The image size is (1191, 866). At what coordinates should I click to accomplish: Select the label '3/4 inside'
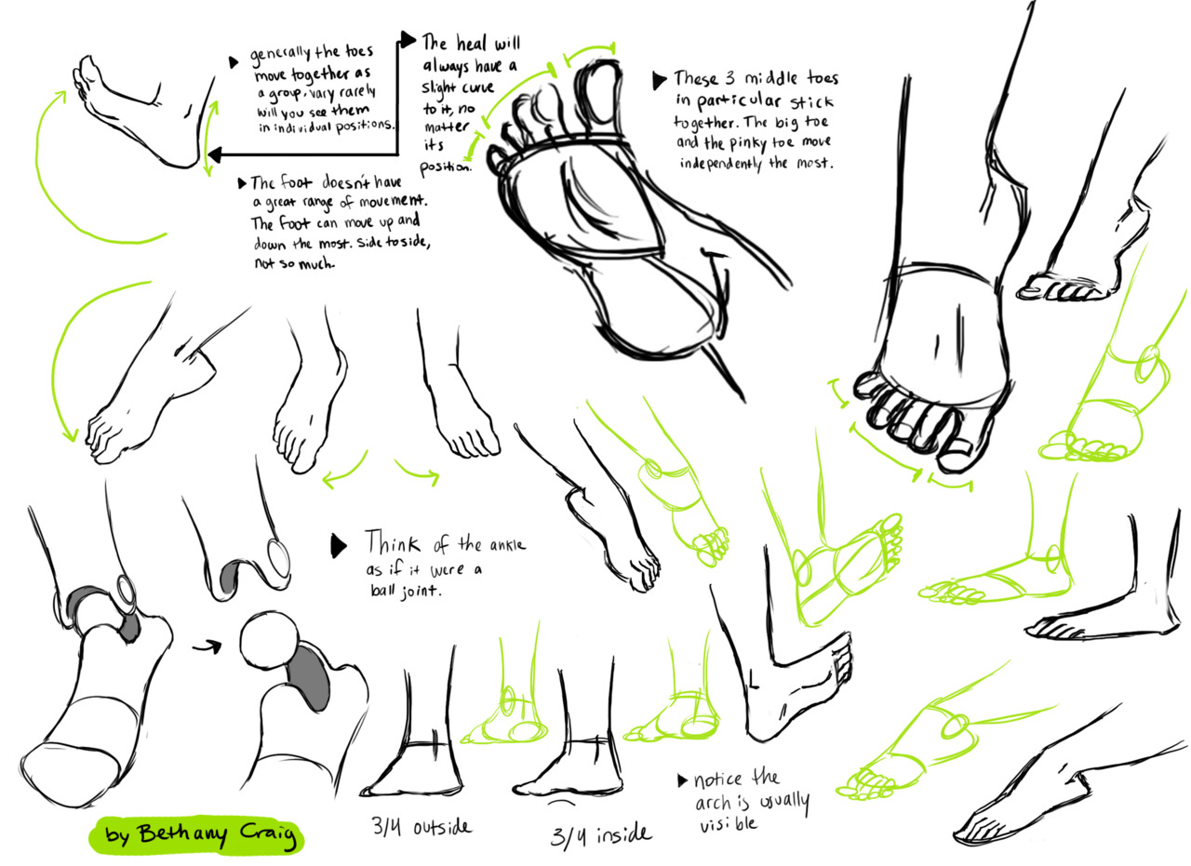point(599,833)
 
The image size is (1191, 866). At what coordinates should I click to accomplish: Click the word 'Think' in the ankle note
point(392,542)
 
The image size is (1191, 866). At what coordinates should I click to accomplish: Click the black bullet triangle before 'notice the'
point(684,780)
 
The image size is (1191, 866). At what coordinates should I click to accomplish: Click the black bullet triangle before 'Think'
point(339,546)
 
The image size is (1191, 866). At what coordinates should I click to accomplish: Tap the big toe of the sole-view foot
point(600,90)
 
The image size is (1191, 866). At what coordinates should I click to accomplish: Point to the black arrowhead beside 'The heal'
point(408,39)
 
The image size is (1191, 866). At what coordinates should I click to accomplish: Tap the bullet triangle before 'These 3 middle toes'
point(659,79)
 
